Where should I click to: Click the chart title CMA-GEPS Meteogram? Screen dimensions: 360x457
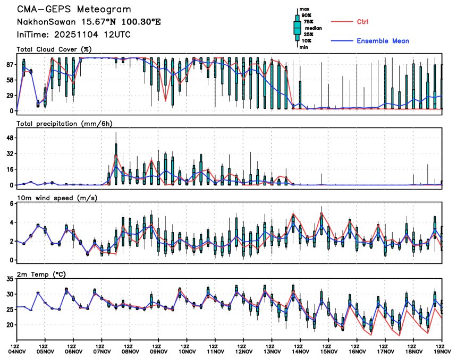coord(73,10)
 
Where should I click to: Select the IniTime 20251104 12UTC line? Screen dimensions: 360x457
coord(73,34)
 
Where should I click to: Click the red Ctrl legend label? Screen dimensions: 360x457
coord(363,21)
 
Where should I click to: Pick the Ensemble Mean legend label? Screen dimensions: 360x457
coord(383,41)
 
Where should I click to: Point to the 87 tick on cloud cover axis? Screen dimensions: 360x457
coord(10,64)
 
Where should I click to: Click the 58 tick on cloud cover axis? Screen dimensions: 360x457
coord(10,80)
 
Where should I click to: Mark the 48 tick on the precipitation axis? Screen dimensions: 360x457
coord(10,138)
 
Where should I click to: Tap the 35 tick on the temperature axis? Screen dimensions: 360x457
coord(10,279)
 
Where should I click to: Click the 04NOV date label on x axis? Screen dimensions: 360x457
coord(17,350)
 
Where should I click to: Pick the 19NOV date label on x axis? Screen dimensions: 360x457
coord(442,350)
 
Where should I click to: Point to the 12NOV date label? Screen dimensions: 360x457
coord(244,350)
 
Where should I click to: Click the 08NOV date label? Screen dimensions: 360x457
coord(130,350)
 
